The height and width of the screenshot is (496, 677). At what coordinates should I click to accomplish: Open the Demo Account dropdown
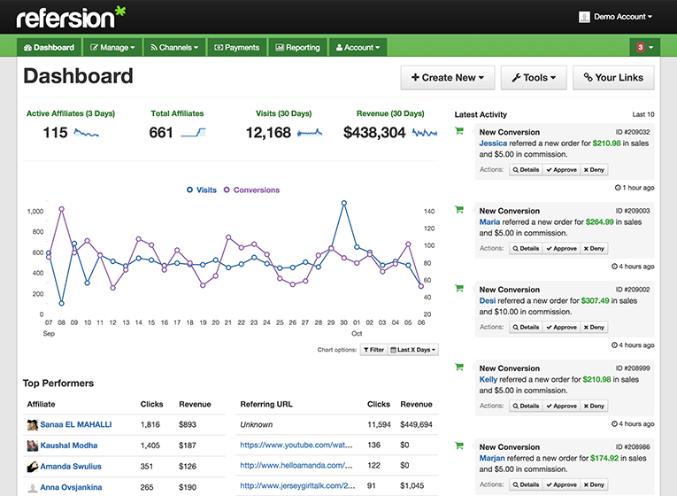(x=616, y=17)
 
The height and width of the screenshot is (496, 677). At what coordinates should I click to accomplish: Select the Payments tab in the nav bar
(x=236, y=48)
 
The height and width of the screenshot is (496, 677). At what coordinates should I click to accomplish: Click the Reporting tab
(x=296, y=48)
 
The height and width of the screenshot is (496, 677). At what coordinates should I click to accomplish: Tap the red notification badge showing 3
(x=640, y=48)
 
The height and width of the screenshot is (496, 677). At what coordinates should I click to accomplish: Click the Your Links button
(x=613, y=78)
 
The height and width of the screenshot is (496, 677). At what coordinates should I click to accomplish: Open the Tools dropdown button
(x=534, y=78)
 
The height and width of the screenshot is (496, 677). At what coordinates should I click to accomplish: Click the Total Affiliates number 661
(x=161, y=133)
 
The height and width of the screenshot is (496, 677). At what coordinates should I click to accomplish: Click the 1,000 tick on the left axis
(x=35, y=212)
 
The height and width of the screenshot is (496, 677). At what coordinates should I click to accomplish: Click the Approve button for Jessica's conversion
(x=561, y=170)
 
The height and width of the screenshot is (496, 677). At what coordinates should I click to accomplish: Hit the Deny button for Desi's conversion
(x=594, y=328)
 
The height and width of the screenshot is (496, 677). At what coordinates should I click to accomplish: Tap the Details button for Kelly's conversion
(x=526, y=407)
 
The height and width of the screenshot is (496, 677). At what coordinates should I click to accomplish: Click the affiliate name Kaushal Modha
(x=69, y=446)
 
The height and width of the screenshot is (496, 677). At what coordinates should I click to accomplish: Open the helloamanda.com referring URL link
(x=296, y=466)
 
